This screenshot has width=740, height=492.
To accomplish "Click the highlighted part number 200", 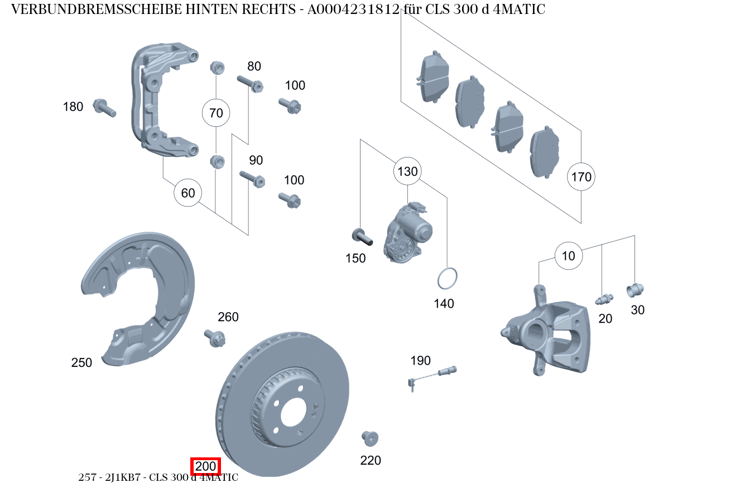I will click(x=206, y=466).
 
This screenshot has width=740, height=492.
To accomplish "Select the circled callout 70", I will click(x=216, y=113).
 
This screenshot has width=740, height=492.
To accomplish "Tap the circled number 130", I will click(x=407, y=171).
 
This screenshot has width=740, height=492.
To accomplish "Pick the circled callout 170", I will click(x=581, y=177).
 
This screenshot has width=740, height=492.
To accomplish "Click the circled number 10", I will click(x=568, y=256).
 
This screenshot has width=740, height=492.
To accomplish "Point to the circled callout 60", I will click(x=188, y=193).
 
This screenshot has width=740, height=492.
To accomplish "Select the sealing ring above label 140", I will click(x=447, y=279).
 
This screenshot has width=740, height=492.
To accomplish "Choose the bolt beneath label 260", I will click(x=215, y=337).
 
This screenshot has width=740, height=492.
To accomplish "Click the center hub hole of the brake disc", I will click(x=294, y=413).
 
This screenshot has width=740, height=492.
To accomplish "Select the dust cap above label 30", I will click(x=635, y=290).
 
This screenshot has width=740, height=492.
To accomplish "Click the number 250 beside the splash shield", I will click(x=81, y=362).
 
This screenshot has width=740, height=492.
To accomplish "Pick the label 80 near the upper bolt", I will click(x=254, y=66).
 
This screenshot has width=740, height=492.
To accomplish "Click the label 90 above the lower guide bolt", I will click(x=256, y=161).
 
